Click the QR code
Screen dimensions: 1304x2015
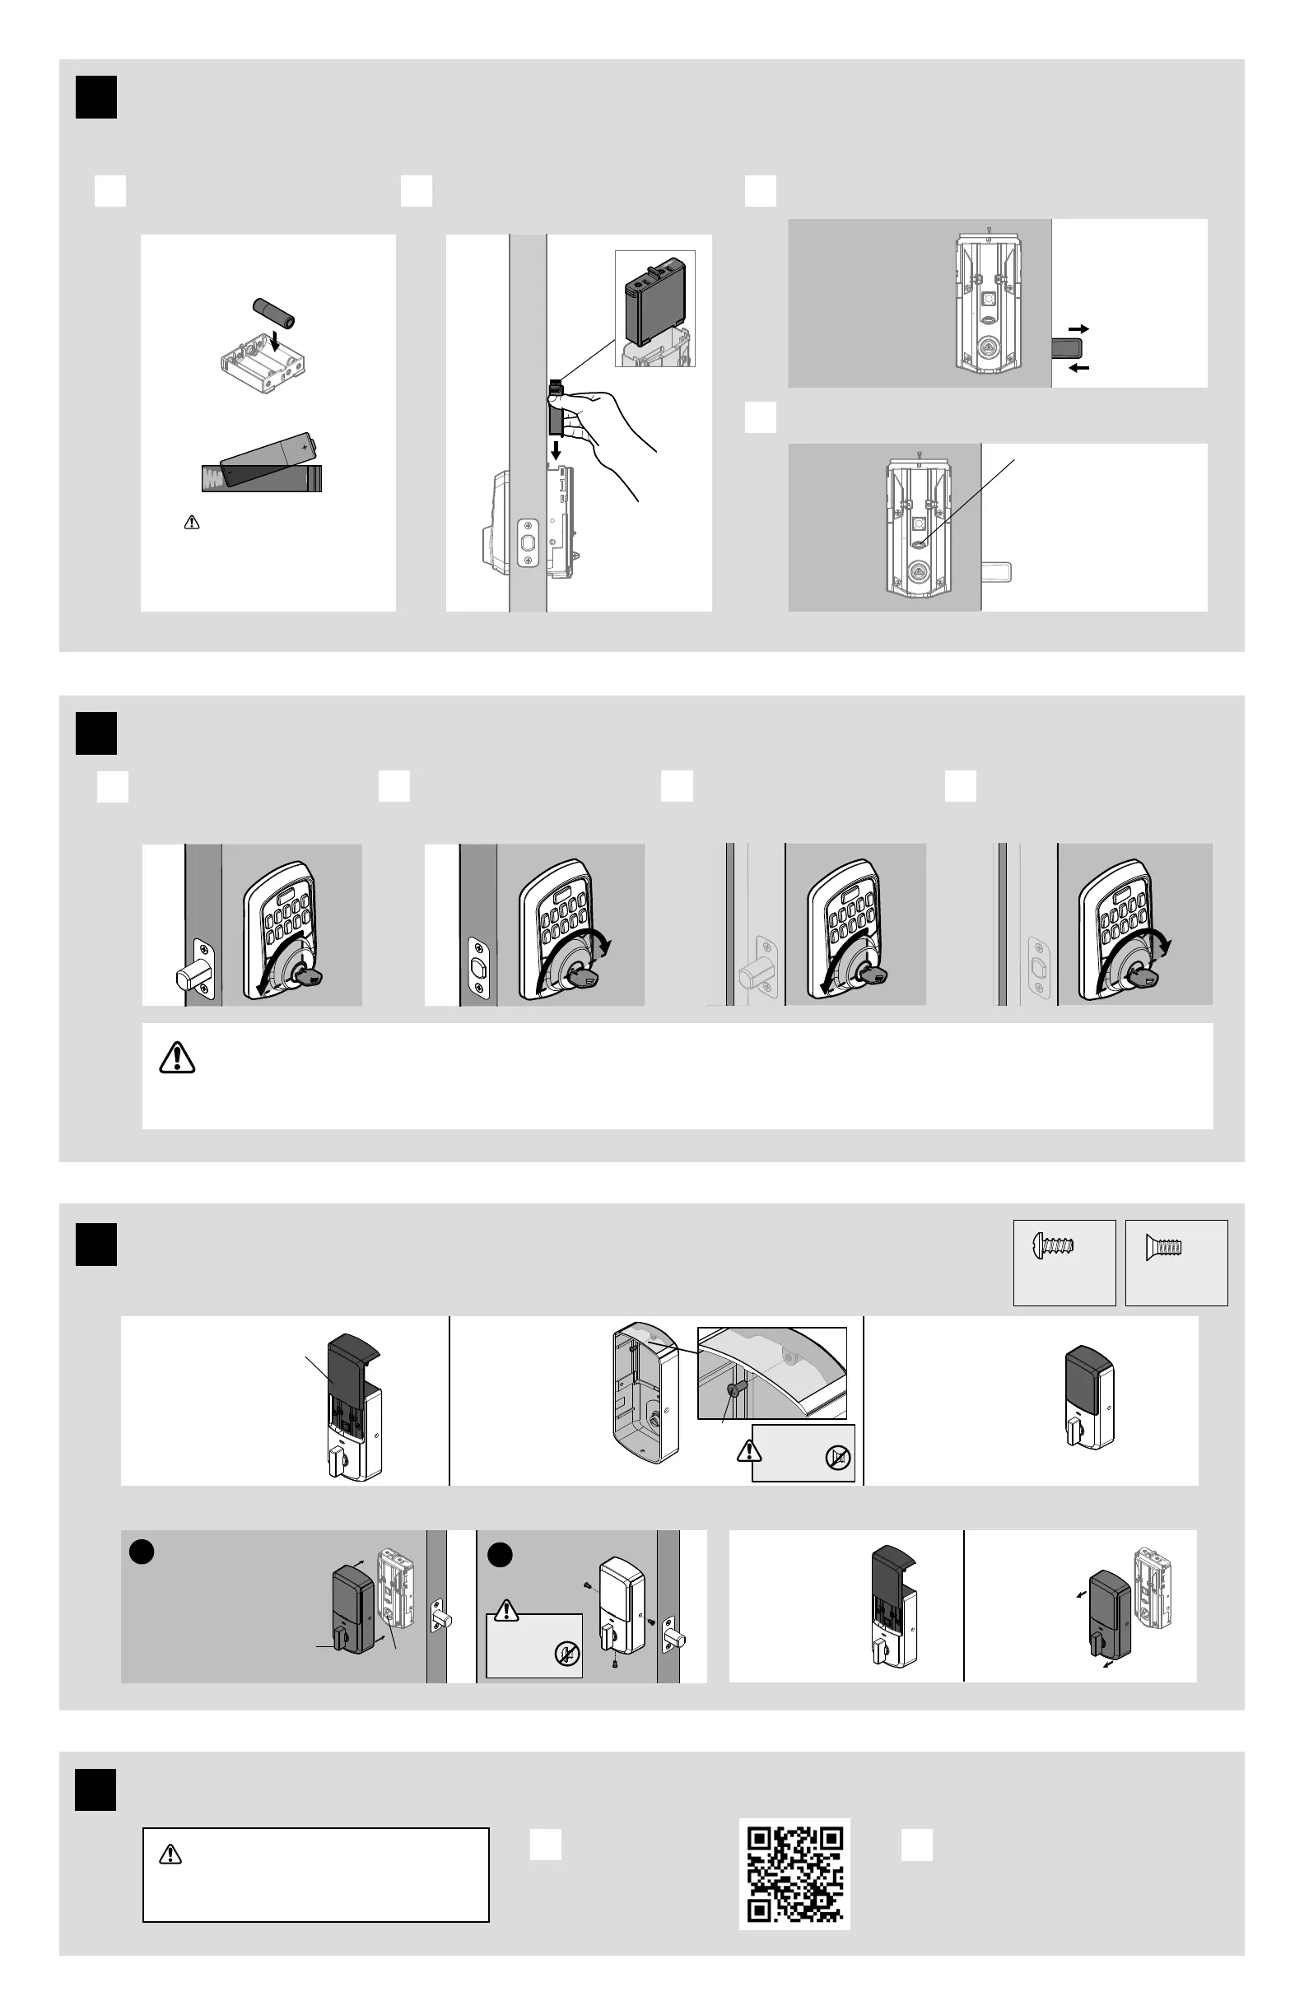(x=794, y=1873)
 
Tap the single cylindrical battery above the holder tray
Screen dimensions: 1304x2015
(x=273, y=313)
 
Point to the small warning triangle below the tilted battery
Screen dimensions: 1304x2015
(x=192, y=523)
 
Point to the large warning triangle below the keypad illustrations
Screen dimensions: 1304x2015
(x=177, y=1058)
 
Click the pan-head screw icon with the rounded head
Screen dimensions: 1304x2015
(x=1055, y=1245)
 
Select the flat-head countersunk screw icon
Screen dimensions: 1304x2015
(x=1164, y=1245)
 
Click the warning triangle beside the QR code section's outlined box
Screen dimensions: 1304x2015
(x=170, y=1855)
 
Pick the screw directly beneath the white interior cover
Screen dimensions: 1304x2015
(x=616, y=1664)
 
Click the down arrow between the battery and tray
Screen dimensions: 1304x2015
(x=273, y=343)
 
